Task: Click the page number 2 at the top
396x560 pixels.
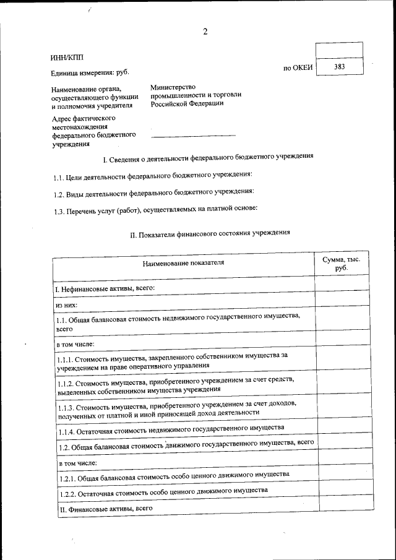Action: pos(205,32)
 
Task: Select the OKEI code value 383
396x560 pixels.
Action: pos(339,66)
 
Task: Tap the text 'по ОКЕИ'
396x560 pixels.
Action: pos(298,67)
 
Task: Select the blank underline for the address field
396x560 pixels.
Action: pos(193,134)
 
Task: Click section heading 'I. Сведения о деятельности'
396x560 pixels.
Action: pos(207,158)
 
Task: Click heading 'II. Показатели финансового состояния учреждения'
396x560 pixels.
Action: pos(209,234)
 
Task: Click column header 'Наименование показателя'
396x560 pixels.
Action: pos(183,264)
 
